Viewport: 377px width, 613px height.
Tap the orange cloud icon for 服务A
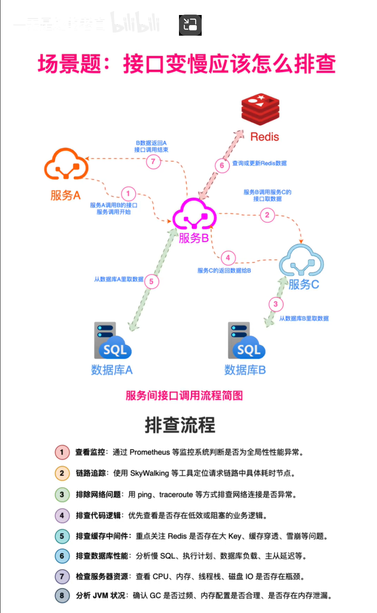pyautogui.click(x=66, y=164)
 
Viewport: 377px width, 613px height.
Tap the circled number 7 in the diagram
pyautogui.click(x=153, y=162)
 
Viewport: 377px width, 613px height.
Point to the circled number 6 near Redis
pyautogui.click(x=222, y=165)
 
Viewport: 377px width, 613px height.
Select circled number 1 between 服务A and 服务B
pyautogui.click(x=128, y=194)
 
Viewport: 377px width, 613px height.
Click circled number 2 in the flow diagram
pyautogui.click(x=267, y=215)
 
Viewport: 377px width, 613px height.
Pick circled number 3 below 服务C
pyautogui.click(x=276, y=304)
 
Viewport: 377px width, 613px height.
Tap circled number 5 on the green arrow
pyautogui.click(x=151, y=282)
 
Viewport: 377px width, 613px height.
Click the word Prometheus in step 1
pyautogui.click(x=150, y=452)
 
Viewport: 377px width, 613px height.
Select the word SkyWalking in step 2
pyautogui.click(x=149, y=473)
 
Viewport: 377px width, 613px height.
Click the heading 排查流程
pyautogui.click(x=180, y=425)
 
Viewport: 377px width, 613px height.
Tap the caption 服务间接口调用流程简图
pyautogui.click(x=184, y=395)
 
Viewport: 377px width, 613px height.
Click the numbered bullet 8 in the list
pyautogui.click(x=62, y=596)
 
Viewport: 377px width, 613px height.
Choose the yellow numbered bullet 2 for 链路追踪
pyautogui.click(x=62, y=473)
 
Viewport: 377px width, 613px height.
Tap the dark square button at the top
pyautogui.click(x=190, y=25)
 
